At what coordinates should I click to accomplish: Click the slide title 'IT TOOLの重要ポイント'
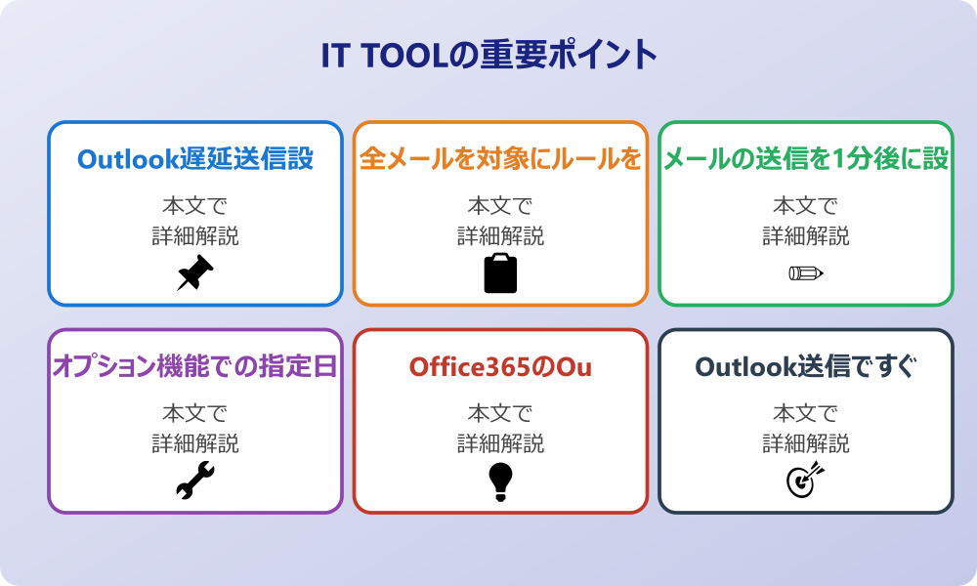click(x=488, y=56)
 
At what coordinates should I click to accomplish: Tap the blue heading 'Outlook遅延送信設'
click(x=195, y=158)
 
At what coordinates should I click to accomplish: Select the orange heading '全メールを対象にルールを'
click(x=500, y=158)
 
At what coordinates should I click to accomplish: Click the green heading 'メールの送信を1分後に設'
click(x=806, y=158)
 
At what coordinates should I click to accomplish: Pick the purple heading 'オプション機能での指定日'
click(x=195, y=366)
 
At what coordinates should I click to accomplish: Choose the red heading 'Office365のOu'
click(x=500, y=366)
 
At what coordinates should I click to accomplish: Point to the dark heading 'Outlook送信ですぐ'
click(x=806, y=366)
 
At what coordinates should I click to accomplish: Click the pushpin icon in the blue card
click(x=195, y=272)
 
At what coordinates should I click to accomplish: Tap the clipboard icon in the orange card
click(x=500, y=273)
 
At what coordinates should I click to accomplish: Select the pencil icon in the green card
click(x=806, y=272)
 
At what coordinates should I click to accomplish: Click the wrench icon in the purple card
click(x=195, y=481)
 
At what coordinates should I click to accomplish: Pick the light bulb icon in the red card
click(x=500, y=481)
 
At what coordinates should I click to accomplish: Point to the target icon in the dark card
click(x=806, y=481)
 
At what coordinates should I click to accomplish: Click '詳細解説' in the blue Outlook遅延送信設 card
click(x=195, y=235)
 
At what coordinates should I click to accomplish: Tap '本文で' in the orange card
click(x=500, y=206)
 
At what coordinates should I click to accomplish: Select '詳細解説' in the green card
click(x=806, y=235)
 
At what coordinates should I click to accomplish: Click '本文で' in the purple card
click(x=195, y=414)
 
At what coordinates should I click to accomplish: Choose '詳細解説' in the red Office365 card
click(x=500, y=443)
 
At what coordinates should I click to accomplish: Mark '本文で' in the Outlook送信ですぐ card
click(x=806, y=414)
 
